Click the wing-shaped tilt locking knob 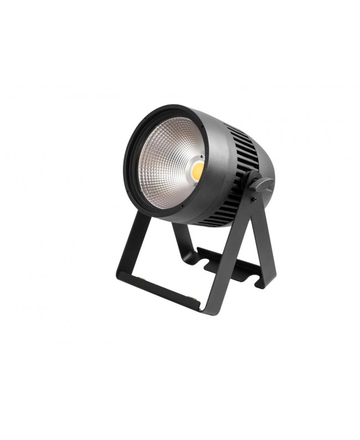(258, 182)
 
